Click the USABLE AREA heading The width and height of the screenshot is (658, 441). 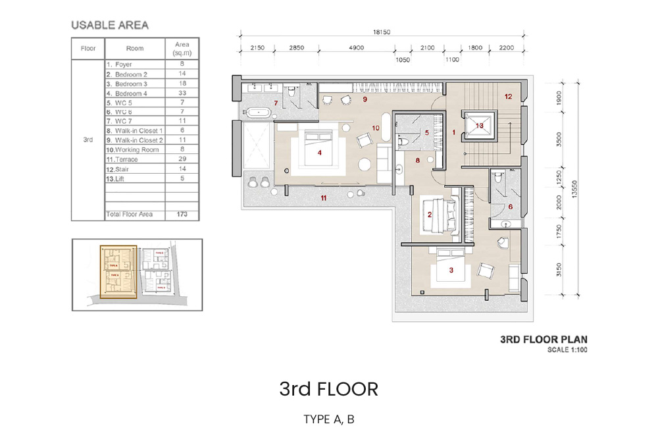tap(110, 26)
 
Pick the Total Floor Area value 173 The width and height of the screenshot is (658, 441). tap(182, 215)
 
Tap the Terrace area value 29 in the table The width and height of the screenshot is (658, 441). tap(182, 159)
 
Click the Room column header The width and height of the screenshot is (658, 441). tap(135, 49)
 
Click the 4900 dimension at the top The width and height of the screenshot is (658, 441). tap(356, 48)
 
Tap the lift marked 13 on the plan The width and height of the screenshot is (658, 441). tap(479, 126)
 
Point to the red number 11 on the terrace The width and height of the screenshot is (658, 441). tap(323, 197)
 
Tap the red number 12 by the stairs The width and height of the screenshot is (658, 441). tap(508, 97)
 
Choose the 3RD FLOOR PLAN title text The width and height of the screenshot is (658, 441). tap(544, 340)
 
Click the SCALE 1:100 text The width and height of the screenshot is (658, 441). tap(567, 350)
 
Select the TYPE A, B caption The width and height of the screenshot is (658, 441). tap(328, 419)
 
